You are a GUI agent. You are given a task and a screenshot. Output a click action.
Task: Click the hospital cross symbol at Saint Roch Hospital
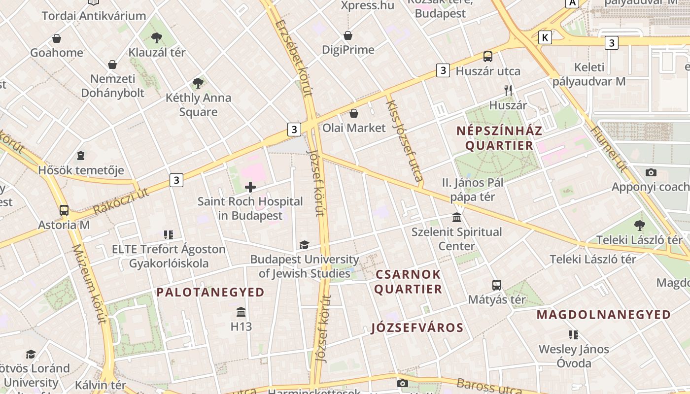click(x=250, y=187)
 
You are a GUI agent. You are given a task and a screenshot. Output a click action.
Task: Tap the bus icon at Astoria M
click(x=64, y=210)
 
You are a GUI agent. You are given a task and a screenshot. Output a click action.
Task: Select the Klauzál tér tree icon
click(x=157, y=37)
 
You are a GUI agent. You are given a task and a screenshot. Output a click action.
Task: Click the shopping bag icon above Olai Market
click(x=354, y=114)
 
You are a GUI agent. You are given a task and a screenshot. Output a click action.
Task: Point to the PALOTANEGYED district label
click(x=210, y=292)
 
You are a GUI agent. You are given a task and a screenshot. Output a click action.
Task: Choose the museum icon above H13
click(x=241, y=312)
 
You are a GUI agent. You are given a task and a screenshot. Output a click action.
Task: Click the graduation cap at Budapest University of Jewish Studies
click(x=304, y=245)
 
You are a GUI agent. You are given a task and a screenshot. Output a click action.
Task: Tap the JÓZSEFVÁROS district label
click(x=417, y=328)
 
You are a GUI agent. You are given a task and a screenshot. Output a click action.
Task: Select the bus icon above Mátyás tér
click(x=496, y=285)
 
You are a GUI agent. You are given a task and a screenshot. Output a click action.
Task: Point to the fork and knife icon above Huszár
click(x=508, y=91)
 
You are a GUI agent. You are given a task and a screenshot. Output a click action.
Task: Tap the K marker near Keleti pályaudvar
click(x=545, y=37)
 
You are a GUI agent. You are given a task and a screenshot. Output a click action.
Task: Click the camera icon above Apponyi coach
click(x=651, y=172)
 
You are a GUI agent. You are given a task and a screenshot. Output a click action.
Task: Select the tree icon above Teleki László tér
click(x=639, y=226)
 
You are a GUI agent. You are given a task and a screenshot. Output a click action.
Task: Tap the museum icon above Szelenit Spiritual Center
click(x=457, y=218)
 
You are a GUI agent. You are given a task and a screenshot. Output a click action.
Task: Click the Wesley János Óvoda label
click(x=574, y=356)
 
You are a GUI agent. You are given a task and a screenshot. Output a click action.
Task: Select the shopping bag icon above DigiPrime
click(x=348, y=35)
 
